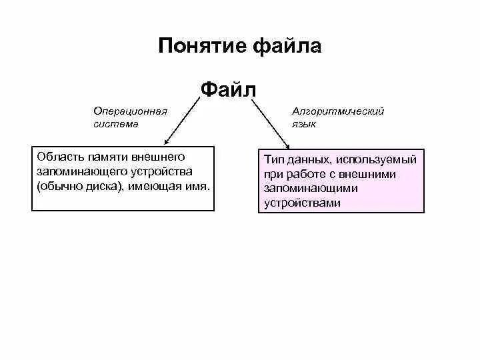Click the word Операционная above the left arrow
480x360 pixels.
130,111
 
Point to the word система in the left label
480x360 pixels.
116,123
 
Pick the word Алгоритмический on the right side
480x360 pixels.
338,111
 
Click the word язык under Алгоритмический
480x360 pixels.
304,123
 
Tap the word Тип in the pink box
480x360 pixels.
273,160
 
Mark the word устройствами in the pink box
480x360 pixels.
301,203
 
